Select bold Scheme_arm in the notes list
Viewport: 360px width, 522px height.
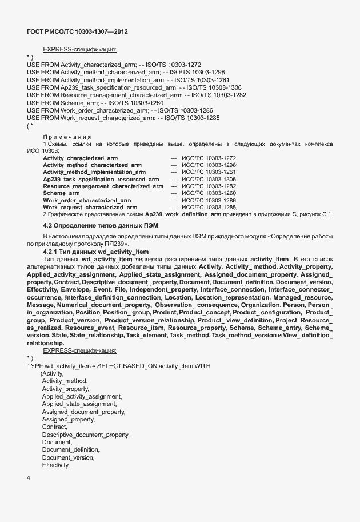(61, 193)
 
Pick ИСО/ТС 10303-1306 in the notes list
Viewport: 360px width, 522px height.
(209, 179)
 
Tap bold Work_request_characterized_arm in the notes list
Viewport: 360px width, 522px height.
(90, 207)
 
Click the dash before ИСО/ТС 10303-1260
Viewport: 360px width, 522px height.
(173, 193)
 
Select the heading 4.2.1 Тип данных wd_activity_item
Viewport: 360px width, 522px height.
(95, 252)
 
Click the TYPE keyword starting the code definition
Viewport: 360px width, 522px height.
(35, 365)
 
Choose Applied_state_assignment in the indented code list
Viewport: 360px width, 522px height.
(79, 404)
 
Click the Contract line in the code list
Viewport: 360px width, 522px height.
(54, 427)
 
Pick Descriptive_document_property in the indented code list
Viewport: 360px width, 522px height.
(85, 435)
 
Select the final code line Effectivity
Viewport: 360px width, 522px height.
(55, 465)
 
